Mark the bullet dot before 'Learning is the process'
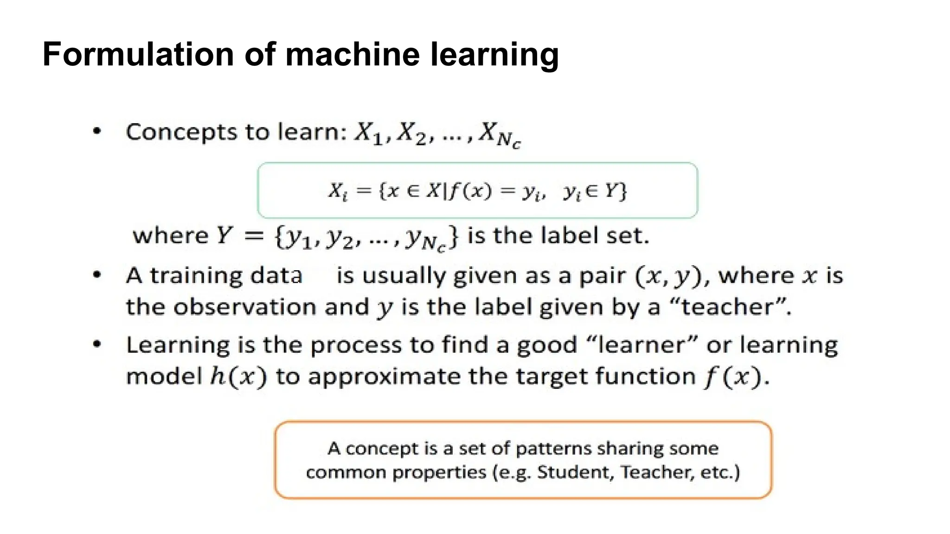pyautogui.click(x=97, y=344)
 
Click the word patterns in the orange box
pyautogui.click(x=552, y=449)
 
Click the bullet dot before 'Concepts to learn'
pyautogui.click(x=97, y=132)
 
